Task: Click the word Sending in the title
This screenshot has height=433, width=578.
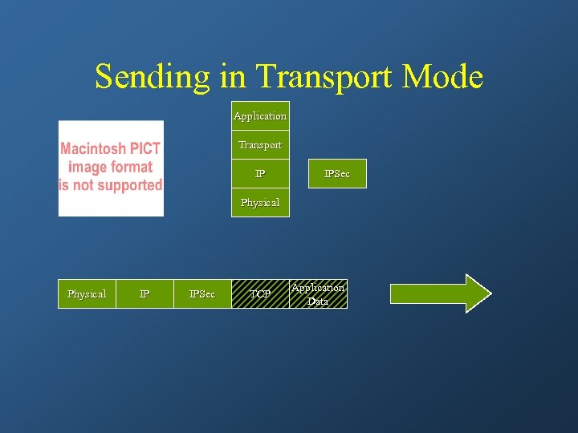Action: [151, 77]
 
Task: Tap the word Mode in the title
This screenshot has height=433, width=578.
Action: [442, 77]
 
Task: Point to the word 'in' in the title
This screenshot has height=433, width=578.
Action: [231, 77]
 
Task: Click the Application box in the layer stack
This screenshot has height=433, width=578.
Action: [260, 116]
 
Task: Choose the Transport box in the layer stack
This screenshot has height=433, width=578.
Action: [260, 145]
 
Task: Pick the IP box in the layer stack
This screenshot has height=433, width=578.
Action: [260, 174]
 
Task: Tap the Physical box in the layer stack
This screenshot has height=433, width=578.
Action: [260, 203]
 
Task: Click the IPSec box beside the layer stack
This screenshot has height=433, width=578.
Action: [337, 174]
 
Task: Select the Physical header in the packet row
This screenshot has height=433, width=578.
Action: [87, 294]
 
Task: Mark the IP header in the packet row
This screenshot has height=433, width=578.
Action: [144, 294]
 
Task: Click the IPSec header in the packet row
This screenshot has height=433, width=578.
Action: [202, 294]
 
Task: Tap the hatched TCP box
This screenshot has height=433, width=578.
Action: [260, 294]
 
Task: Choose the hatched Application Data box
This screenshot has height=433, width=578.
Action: [318, 294]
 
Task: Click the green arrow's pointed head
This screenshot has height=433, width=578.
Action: [478, 293]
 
